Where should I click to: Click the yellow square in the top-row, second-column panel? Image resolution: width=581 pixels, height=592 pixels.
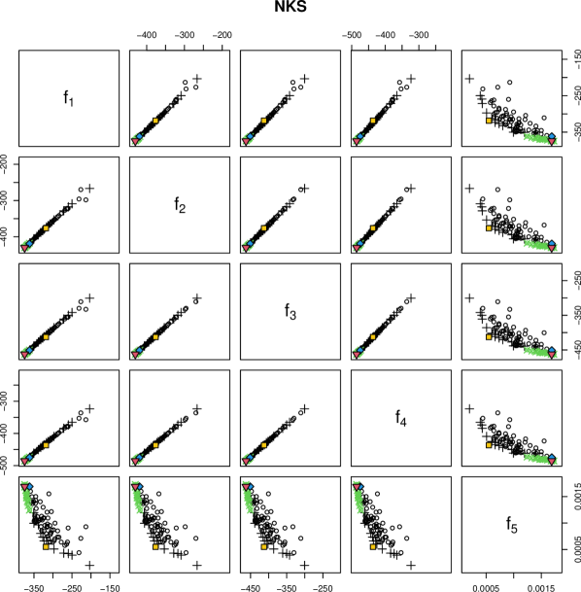pos(155,121)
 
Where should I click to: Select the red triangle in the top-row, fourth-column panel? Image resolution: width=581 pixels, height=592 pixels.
pos(357,141)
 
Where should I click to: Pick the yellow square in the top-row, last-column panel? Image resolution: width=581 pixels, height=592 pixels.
pos(489,121)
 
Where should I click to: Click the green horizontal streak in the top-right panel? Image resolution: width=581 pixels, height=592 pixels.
pos(537,138)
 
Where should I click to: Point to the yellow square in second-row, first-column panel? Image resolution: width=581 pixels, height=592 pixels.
pos(46,228)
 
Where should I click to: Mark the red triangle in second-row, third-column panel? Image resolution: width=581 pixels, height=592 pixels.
pos(246,248)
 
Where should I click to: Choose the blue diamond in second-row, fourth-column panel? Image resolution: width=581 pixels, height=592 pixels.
pos(361,243)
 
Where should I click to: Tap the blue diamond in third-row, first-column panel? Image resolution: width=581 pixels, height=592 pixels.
pos(29,350)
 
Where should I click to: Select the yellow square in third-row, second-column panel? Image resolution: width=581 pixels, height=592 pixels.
pos(155,337)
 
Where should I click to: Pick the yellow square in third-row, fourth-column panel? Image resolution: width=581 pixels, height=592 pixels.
pos(373,337)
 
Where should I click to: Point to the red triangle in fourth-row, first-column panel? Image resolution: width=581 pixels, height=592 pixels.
pos(24,462)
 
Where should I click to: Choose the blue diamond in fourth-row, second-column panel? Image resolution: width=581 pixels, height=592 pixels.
pos(140,457)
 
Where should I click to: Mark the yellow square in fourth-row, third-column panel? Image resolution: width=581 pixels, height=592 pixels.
pos(263,445)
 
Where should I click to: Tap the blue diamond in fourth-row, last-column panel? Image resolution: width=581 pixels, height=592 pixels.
pos(552,456)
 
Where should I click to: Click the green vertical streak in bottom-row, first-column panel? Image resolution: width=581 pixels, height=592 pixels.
pos(27,500)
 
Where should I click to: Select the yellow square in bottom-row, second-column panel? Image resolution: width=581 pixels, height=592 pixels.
pos(155,546)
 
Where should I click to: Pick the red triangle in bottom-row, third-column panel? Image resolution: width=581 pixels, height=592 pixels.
pos(245,482)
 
